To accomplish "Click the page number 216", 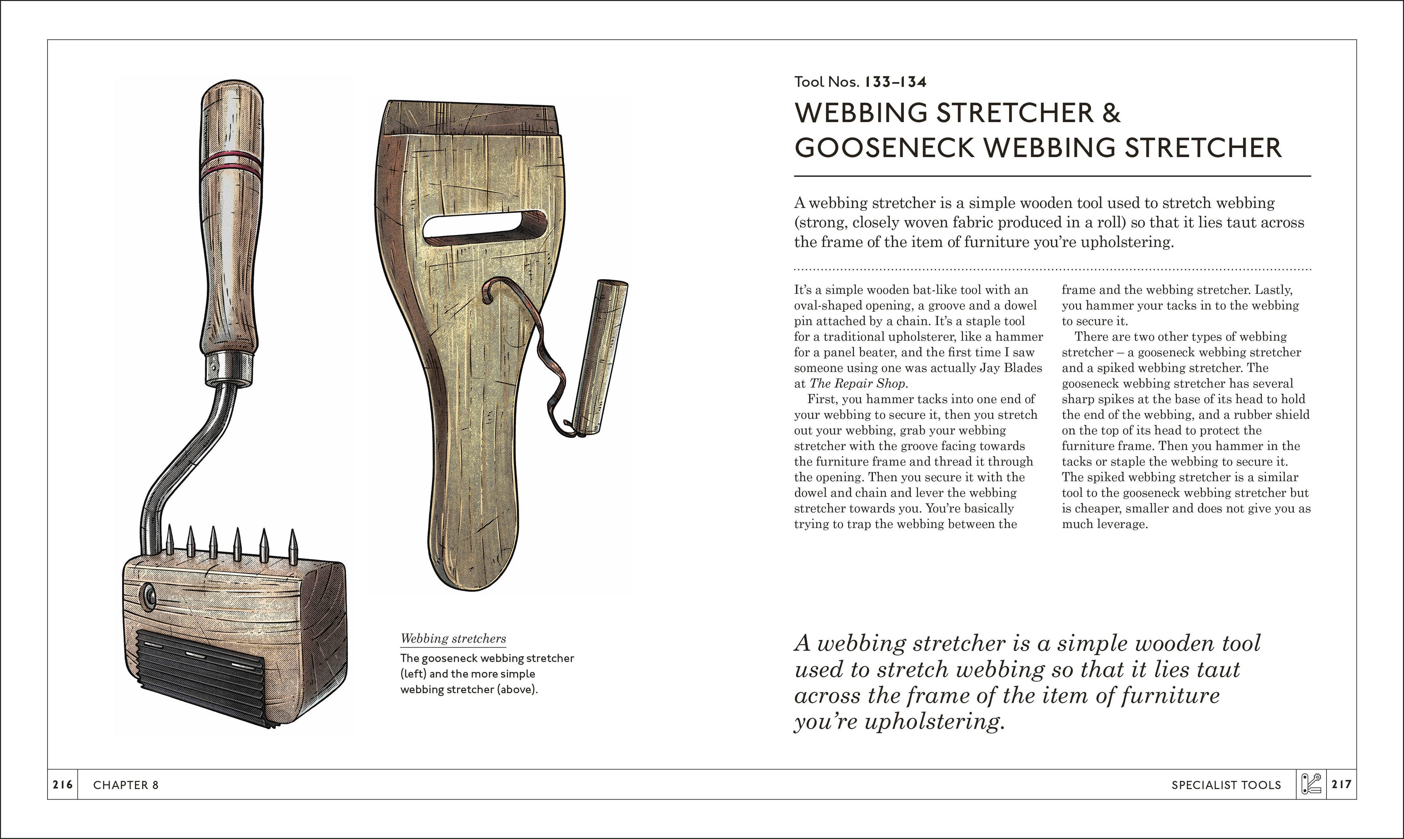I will tap(62, 784).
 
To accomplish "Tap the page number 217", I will tap(1341, 784).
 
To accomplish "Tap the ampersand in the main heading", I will tap(1111, 113).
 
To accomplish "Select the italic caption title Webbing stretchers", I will tap(453, 639).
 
